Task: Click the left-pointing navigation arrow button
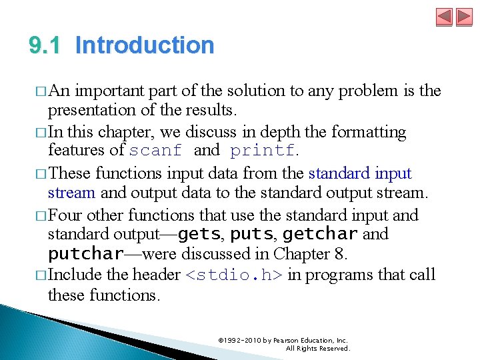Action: coord(444,17)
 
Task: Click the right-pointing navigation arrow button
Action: coord(463,17)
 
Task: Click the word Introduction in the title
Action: coord(145,45)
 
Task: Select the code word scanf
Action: coord(155,151)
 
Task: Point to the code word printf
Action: coord(262,151)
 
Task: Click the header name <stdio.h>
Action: coord(233,275)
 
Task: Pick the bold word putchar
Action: coord(85,255)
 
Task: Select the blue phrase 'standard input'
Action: coord(360,174)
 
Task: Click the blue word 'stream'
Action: coord(72,194)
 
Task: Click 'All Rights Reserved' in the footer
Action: coord(317,349)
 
